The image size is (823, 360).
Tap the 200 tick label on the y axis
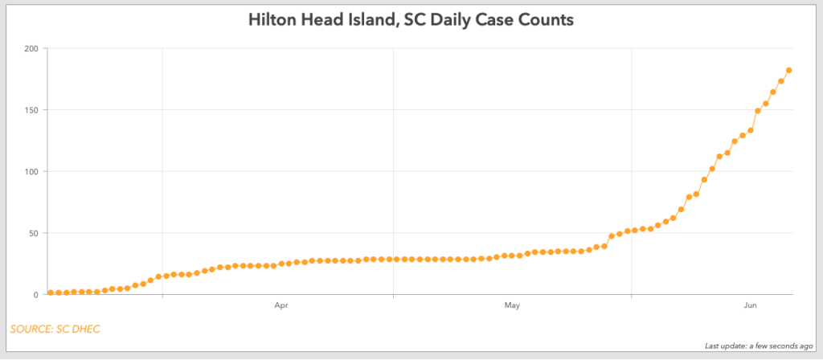(31, 48)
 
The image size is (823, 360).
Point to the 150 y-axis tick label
(31, 110)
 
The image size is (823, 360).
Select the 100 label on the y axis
(31, 172)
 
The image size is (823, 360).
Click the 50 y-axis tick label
(33, 234)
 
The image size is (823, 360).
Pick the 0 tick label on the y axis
(35, 295)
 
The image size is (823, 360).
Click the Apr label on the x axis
(281, 306)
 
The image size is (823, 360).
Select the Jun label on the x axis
(750, 306)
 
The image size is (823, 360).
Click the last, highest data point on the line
(789, 70)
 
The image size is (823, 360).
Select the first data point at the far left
(50, 292)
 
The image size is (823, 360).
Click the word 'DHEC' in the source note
(85, 328)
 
